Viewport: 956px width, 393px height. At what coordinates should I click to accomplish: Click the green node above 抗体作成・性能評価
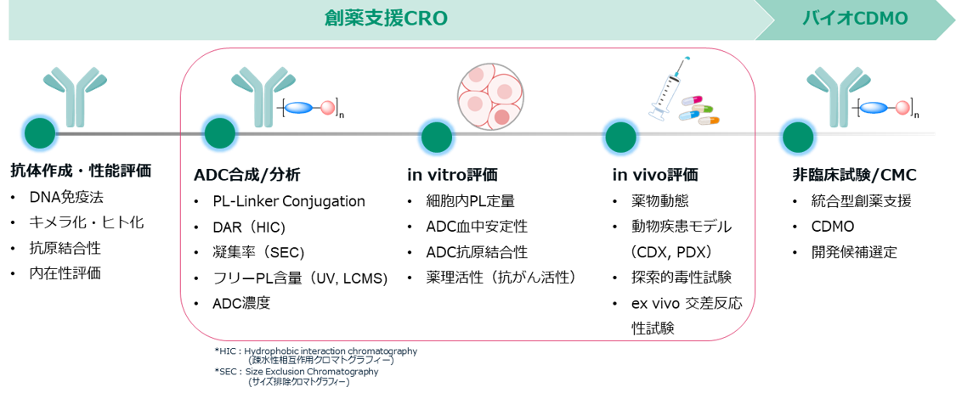(40, 134)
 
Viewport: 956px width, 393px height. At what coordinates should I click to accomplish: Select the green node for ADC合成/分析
(220, 134)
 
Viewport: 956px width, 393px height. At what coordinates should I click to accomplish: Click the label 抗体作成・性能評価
(82, 171)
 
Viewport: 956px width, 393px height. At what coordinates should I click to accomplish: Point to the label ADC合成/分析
(247, 177)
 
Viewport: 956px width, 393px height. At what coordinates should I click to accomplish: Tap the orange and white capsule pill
(709, 121)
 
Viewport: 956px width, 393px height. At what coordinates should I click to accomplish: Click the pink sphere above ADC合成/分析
(327, 108)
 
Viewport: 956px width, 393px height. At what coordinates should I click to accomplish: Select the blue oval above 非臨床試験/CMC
(874, 108)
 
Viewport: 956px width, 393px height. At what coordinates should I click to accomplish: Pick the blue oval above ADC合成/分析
(298, 108)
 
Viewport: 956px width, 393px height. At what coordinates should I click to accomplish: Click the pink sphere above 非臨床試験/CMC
(902, 108)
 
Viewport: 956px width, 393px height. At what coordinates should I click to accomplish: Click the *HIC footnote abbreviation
(224, 351)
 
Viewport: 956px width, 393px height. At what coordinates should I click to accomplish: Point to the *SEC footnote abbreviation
(224, 372)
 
